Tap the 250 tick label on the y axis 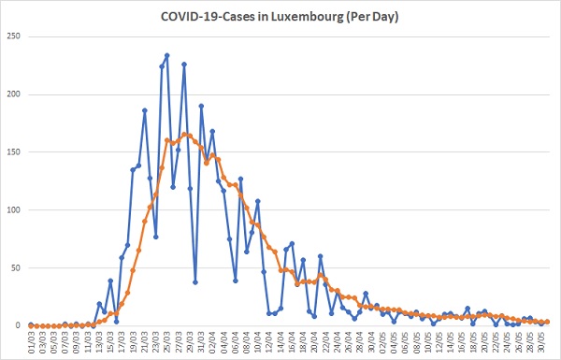point(13,36)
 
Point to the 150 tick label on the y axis point(13,152)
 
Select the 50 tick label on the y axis point(16,267)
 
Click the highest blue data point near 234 point(166,55)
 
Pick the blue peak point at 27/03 point(184,65)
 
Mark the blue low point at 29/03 point(195,282)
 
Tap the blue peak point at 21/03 point(145,110)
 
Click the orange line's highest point point(184,135)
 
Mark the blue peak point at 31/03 point(201,106)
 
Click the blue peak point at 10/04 point(258,201)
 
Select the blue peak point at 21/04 point(320,256)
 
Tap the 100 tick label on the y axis point(13,210)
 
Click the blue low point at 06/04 point(235,281)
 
